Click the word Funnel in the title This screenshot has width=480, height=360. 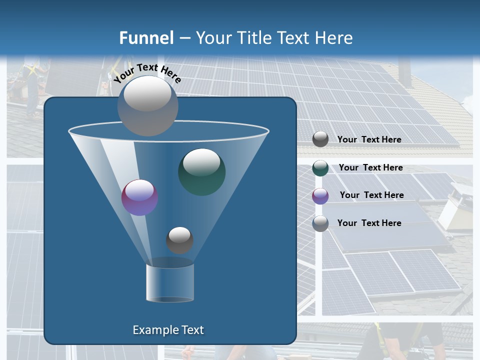click(146, 38)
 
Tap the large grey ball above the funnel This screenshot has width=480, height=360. click(148, 105)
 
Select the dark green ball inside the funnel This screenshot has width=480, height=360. click(202, 171)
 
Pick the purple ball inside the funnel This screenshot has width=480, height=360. click(140, 197)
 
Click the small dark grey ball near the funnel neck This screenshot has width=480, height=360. click(179, 240)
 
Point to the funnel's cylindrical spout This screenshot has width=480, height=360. click(170, 282)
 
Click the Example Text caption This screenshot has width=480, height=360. click(168, 330)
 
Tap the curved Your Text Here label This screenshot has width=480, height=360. click(147, 73)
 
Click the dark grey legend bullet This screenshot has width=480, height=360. click(320, 139)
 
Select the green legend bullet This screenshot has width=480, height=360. click(320, 168)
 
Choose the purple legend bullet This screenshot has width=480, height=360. click(320, 195)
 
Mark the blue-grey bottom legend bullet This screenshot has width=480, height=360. click(320, 223)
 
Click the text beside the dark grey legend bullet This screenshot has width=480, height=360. click(369, 140)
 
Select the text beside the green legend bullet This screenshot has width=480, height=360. click(370, 168)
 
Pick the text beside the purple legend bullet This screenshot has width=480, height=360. click(371, 195)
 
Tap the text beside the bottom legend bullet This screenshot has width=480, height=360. click(369, 223)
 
